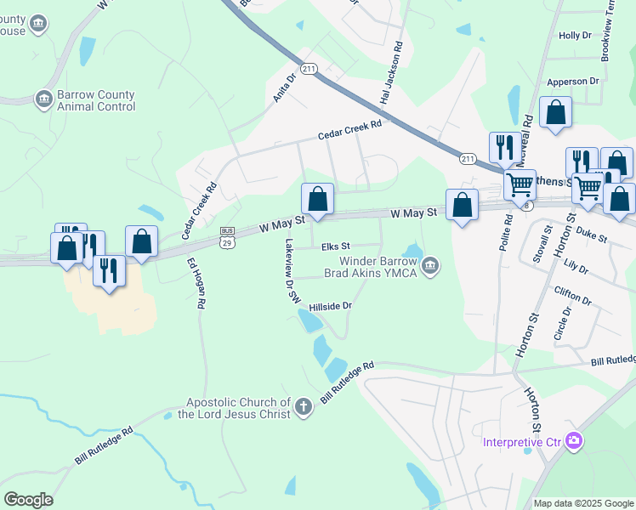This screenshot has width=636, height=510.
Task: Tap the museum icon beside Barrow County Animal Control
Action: [43, 100]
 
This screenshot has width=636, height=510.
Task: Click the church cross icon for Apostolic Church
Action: [304, 408]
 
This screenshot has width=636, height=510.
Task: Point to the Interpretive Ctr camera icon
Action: [575, 440]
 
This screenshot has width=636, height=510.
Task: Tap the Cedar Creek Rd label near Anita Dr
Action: [350, 129]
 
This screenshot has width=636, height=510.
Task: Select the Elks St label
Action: [336, 246]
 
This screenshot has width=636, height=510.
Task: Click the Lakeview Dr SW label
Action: [292, 270]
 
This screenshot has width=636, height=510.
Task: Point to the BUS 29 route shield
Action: [227, 236]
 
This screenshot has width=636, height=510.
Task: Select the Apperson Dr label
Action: [573, 81]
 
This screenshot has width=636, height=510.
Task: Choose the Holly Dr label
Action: [574, 35]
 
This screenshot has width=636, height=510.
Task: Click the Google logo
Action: [28, 499]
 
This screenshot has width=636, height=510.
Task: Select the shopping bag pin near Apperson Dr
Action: [555, 113]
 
